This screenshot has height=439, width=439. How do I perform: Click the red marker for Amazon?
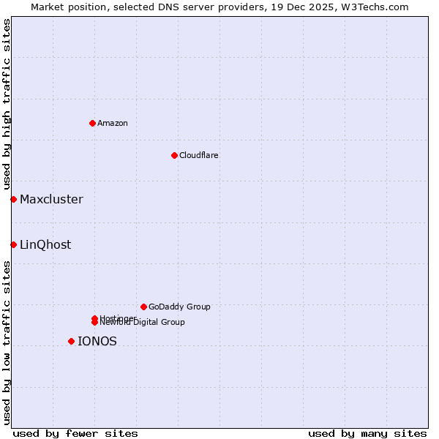coord(93,123)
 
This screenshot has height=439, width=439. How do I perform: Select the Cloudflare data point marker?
coord(174,155)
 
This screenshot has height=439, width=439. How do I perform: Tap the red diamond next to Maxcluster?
coord(13,199)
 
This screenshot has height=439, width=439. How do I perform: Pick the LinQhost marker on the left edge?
coord(13,244)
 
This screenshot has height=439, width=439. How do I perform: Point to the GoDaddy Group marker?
coord(143,307)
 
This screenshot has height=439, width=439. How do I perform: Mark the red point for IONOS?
coord(71,341)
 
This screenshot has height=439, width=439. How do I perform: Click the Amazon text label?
coord(113,123)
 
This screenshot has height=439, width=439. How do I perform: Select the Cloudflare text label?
coord(198,155)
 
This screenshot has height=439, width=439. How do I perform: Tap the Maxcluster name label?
coord(51,199)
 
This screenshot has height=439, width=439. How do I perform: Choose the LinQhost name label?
coord(45,244)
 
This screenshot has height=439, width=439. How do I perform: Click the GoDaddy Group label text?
coord(179,307)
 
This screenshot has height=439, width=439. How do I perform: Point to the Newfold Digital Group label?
coord(142,322)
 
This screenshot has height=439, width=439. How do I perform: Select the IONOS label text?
coord(97,341)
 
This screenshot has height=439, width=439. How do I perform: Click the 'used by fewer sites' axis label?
coord(75,433)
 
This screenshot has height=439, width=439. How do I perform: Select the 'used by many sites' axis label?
coord(367,433)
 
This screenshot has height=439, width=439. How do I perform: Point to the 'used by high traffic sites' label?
coord(7,104)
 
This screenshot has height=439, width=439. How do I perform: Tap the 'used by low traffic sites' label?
coord(7,342)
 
